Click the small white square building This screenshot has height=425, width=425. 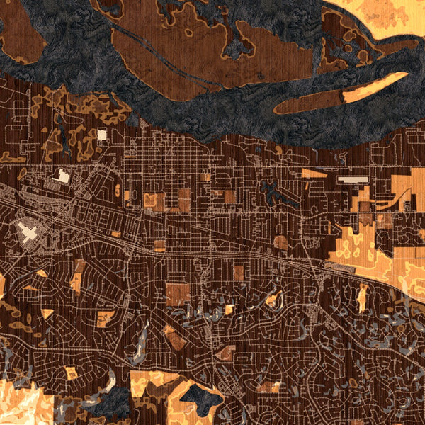pyautogui.click(x=101, y=135)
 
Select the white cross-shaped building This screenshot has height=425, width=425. pyautogui.click(x=30, y=233)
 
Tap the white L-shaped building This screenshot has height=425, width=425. pyautogui.click(x=62, y=176)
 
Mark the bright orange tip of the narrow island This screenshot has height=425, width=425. pyautogui.click(x=375, y=83)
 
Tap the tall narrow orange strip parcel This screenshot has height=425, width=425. pyautogui.click(x=363, y=297)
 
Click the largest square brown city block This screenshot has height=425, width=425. pyautogui.click(x=178, y=294)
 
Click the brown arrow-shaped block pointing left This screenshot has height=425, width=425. pyautogui.click(x=225, y=352)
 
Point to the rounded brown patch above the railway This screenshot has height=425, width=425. pyautogui.click(x=281, y=243)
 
